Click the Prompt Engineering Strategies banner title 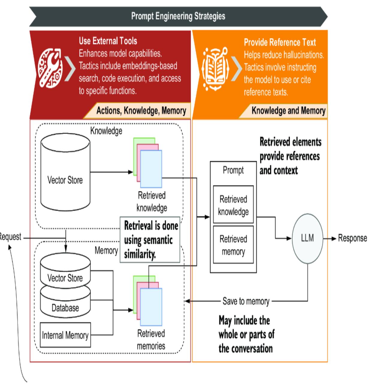[178, 16]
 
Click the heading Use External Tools [108, 41]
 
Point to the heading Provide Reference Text [280, 43]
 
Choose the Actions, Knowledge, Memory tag [141, 111]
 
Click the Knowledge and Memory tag [288, 111]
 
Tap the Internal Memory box [65, 335]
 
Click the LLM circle [307, 238]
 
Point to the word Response [352, 238]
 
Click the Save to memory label [246, 301]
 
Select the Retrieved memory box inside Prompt [233, 245]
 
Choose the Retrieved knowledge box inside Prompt [233, 205]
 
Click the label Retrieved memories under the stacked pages [151, 340]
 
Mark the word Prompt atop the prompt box [233, 170]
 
